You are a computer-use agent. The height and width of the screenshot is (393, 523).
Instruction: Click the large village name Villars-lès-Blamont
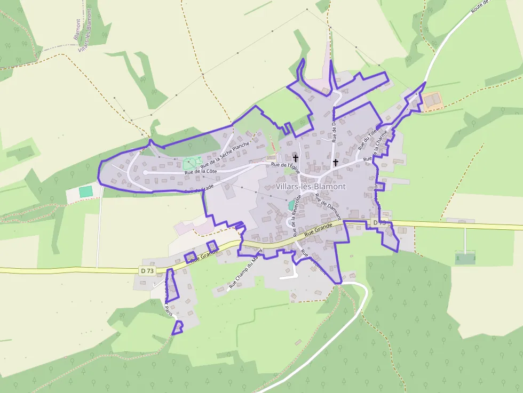pyautogui.click(x=311, y=187)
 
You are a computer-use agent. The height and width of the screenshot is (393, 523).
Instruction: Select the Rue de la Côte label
pyautogui.click(x=200, y=171)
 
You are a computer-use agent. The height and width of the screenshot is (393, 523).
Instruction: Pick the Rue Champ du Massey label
pyautogui.click(x=245, y=269)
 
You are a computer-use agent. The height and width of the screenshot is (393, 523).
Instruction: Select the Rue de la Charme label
pyautogui.click(x=380, y=145)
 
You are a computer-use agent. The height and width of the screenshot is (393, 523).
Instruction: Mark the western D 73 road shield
pyautogui.click(x=148, y=271)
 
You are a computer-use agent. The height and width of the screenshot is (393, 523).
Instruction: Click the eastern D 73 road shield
pyautogui.click(x=379, y=222)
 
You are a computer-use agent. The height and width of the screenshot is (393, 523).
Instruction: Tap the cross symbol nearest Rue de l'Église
pyautogui.click(x=296, y=158)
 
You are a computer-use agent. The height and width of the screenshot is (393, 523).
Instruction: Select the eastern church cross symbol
pyautogui.click(x=335, y=162)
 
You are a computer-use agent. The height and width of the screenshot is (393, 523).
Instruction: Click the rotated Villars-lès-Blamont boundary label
pyautogui.click(x=85, y=29)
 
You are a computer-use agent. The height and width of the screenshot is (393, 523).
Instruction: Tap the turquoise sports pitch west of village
pyautogui.click(x=85, y=191)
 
